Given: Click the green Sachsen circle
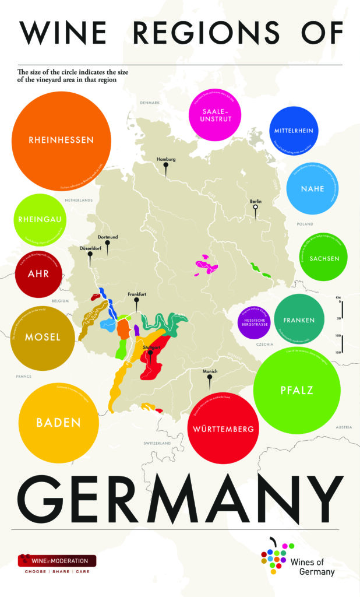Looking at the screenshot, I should (324, 258).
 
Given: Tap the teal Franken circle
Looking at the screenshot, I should (299, 320).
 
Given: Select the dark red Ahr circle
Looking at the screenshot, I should (38, 273).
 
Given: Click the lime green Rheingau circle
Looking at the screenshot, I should (40, 220).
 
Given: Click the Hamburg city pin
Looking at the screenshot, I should (166, 170).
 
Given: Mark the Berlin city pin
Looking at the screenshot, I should (255, 211).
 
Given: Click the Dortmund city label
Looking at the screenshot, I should (107, 237).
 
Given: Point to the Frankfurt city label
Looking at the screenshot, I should (136, 294).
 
